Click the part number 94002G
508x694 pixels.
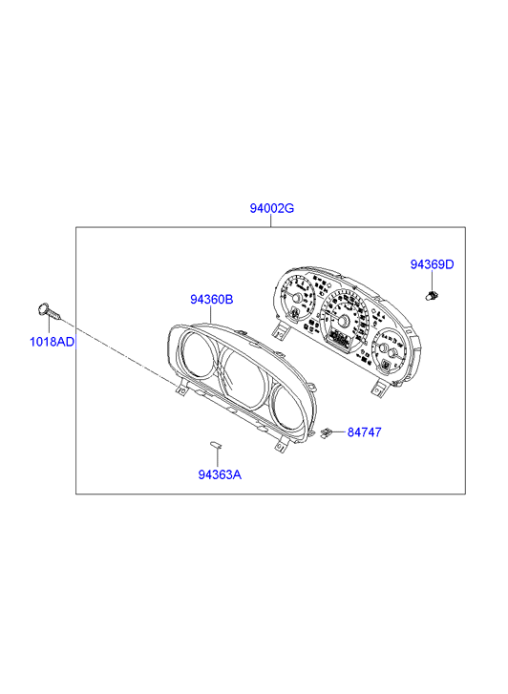pos(271,208)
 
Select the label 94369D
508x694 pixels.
pos(432,264)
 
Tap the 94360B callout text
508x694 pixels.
pos(211,300)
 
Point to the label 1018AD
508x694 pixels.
pos(52,342)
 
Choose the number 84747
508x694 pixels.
pos(364,432)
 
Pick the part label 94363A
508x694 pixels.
pos(220,474)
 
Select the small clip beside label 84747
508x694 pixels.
pos(327,432)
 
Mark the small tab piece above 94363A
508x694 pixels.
pos(216,445)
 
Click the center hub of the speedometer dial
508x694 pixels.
pos(342,321)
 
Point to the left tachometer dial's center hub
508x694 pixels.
pos(296,298)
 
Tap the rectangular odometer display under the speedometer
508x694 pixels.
pos(340,340)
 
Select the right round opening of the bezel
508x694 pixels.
pos(288,407)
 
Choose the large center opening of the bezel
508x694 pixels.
pos(244,378)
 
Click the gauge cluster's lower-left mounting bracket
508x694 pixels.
pos(279,331)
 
